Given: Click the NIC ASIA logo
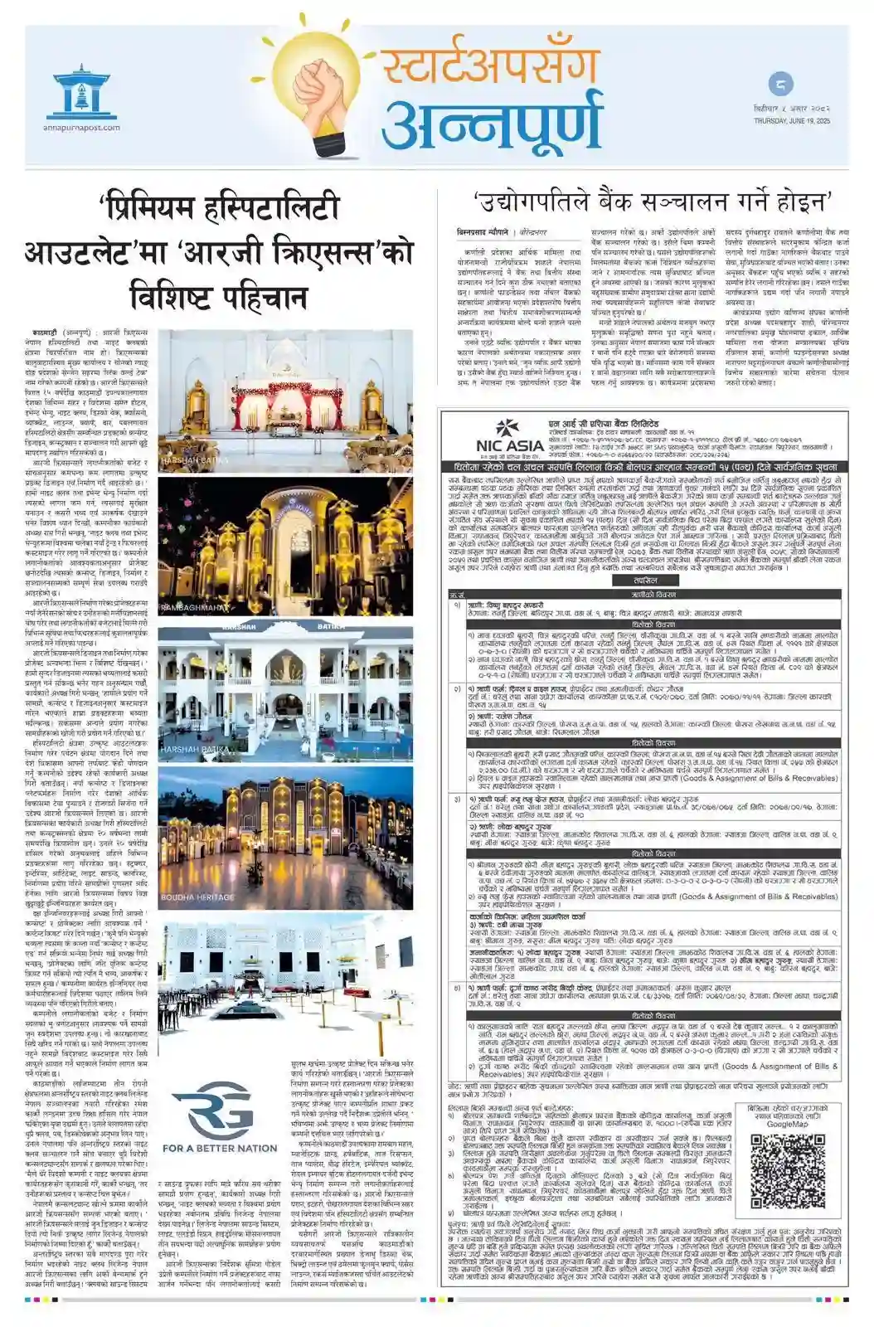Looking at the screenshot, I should click(496, 430).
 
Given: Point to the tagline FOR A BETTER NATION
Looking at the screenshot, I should click(220, 1148).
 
